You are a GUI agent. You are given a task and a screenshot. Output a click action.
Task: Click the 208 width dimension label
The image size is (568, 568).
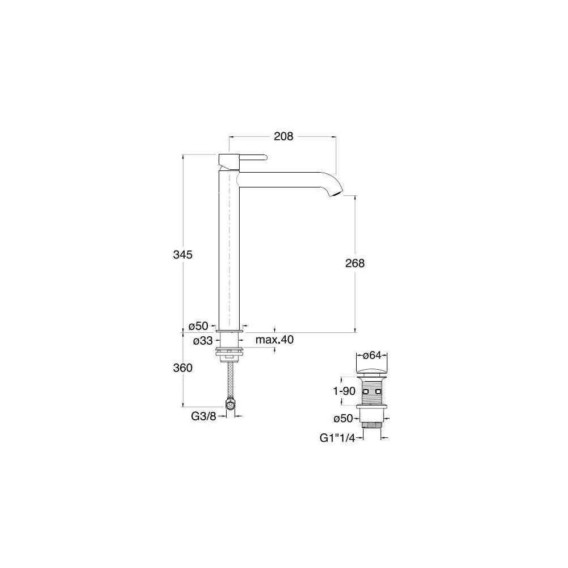point(283,136)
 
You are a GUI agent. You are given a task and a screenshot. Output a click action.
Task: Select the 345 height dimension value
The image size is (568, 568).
point(182,254)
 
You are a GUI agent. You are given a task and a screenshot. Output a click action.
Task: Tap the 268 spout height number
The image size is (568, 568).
point(354,263)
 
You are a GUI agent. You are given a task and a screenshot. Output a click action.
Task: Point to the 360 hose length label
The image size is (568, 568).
point(182,367)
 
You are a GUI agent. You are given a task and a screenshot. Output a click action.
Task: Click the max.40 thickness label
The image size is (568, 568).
point(274,340)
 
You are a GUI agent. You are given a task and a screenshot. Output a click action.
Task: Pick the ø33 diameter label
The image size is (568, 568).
point(203,340)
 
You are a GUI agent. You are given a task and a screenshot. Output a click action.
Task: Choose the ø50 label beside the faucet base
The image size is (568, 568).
point(198,326)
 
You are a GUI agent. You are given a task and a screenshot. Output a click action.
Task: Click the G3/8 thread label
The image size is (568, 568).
point(203,416)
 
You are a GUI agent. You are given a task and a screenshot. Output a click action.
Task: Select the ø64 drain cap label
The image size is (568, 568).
point(372,356)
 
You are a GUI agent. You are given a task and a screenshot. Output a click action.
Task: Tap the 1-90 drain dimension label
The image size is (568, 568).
point(344,391)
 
